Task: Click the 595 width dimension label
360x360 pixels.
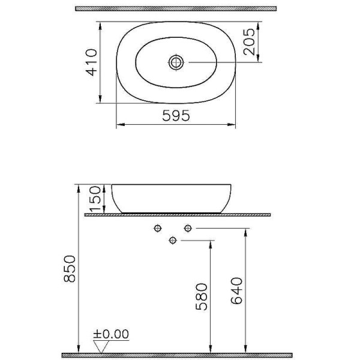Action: click(x=176, y=116)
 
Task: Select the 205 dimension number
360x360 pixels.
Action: click(x=250, y=42)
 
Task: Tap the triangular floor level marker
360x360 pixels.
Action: click(x=102, y=346)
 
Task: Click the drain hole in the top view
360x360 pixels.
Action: click(x=176, y=62)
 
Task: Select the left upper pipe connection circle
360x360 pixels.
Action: click(x=158, y=228)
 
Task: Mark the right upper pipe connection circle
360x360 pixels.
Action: click(x=188, y=228)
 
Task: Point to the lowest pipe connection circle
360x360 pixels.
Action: click(x=173, y=241)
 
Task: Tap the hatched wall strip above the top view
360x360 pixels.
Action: click(x=176, y=9)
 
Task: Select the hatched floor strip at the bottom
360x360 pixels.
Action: click(x=180, y=355)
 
